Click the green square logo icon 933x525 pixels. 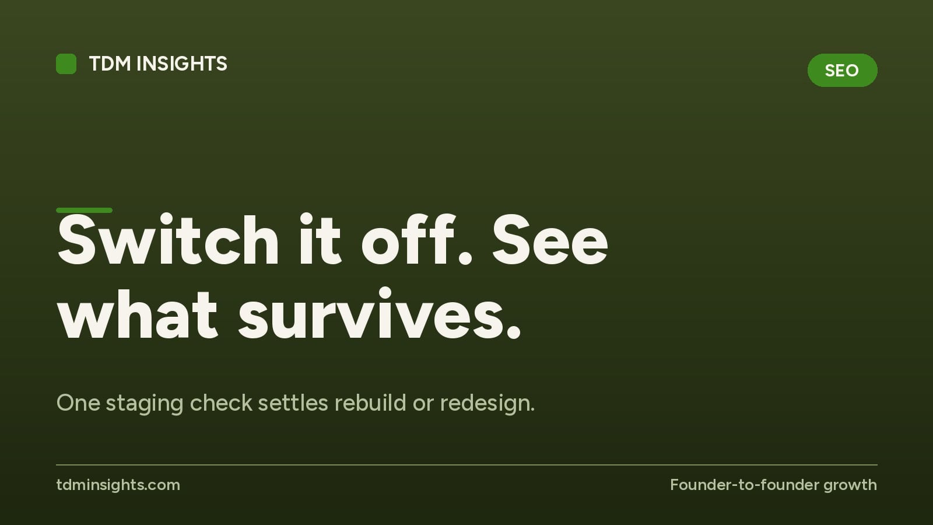click(66, 64)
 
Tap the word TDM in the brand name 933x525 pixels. click(110, 64)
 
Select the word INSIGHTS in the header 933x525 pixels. click(181, 64)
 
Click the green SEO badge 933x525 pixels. click(842, 70)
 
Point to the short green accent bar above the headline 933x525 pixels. click(84, 211)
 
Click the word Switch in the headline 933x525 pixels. click(168, 240)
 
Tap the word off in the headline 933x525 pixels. click(408, 240)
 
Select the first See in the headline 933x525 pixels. click(550, 240)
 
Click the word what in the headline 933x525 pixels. click(138, 314)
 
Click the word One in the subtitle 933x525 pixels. click(78, 403)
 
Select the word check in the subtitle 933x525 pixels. click(221, 402)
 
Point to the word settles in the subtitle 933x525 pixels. click(293, 402)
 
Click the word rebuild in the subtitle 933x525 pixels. click(370, 402)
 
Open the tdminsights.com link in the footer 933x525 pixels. click(118, 485)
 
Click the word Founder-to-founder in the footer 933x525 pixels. click(744, 485)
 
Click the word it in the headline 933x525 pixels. click(320, 240)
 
